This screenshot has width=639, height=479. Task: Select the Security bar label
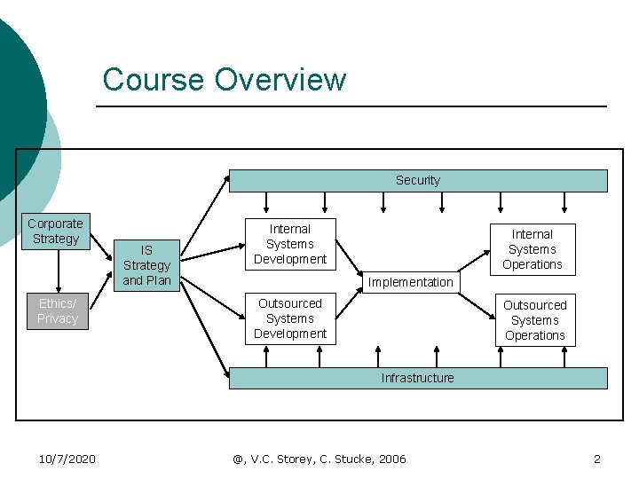417,180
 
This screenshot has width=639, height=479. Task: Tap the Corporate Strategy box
55,232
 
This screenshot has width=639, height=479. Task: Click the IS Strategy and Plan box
146,265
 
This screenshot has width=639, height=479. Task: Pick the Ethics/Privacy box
58,311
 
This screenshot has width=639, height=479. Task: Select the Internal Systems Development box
290,244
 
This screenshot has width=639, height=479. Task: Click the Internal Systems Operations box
532,249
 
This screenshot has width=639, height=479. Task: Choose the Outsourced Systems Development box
290,318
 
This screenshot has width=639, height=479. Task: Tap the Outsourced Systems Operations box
535,320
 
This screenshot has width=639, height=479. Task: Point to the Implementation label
410,282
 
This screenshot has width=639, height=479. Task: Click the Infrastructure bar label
417,378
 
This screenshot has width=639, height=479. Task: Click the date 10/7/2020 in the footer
67,459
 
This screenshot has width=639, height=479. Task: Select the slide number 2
596,459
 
